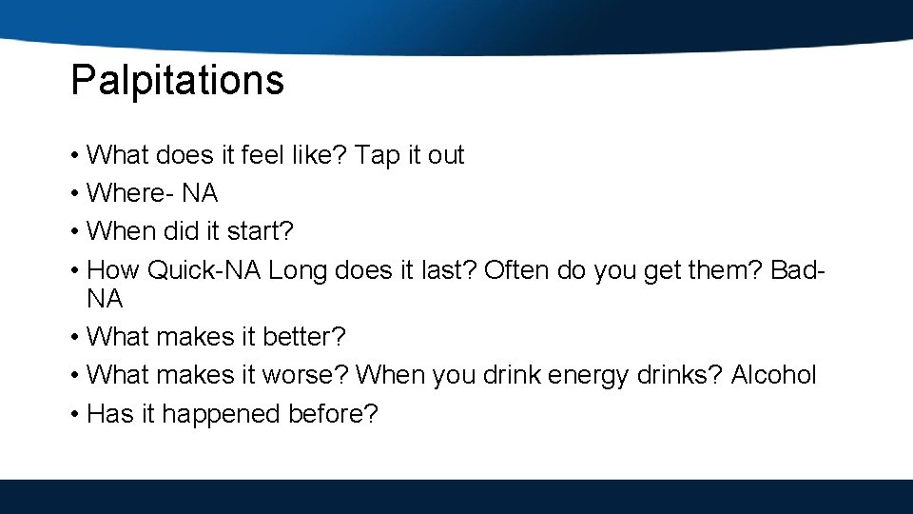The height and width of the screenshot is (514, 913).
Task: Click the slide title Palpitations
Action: [177, 81]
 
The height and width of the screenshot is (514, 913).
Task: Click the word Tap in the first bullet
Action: [378, 155]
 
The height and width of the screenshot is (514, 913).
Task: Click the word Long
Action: [298, 270]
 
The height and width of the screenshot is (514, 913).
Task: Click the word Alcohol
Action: [773, 375]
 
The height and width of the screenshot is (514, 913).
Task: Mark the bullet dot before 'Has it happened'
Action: [74, 415]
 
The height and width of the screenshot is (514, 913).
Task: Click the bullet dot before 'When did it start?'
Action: [74, 231]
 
